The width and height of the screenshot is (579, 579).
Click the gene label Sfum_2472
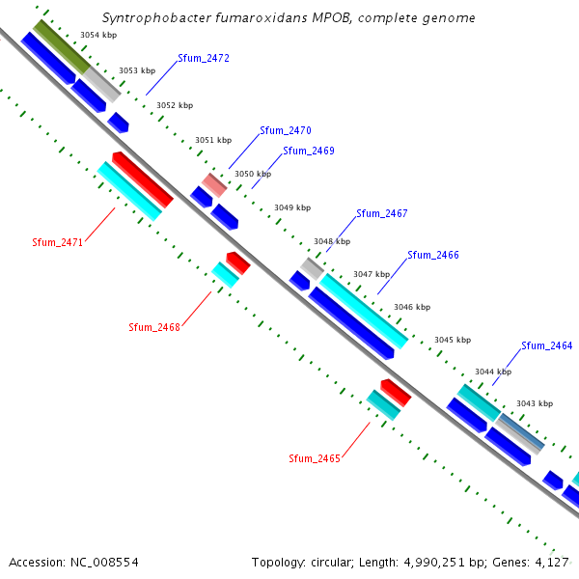point(204,59)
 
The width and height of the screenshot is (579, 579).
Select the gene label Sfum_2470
point(286,130)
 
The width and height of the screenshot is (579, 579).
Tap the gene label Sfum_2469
point(309,152)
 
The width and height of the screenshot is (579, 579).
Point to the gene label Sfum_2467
point(382,214)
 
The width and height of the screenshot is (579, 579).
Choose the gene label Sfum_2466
point(433,256)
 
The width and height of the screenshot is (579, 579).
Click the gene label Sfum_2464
point(547,345)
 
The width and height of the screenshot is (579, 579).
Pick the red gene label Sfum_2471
point(58,243)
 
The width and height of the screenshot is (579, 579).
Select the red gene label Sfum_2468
point(154,328)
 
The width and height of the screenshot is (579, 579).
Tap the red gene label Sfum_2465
point(315,458)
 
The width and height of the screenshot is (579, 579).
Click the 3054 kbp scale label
point(98,35)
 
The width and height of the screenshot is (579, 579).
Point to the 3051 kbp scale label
point(213,140)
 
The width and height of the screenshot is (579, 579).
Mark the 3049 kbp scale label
point(292,207)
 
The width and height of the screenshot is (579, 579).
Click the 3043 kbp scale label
point(535,403)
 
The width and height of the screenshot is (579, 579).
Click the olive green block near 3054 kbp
point(62,45)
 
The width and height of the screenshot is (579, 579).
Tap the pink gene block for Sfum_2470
point(214,183)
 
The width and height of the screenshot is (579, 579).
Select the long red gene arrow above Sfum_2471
point(143,179)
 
